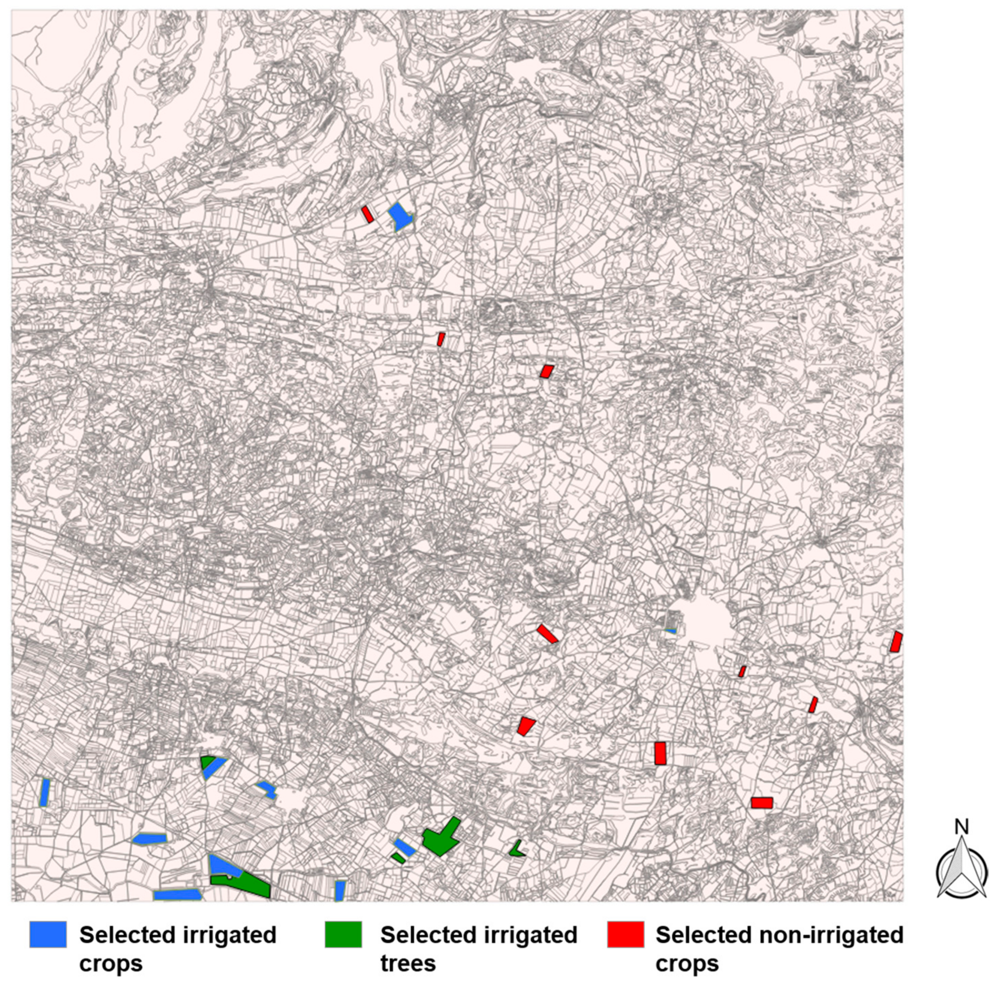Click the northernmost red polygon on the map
point(367,214)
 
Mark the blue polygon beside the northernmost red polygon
point(399,216)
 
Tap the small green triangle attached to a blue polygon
point(207,762)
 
